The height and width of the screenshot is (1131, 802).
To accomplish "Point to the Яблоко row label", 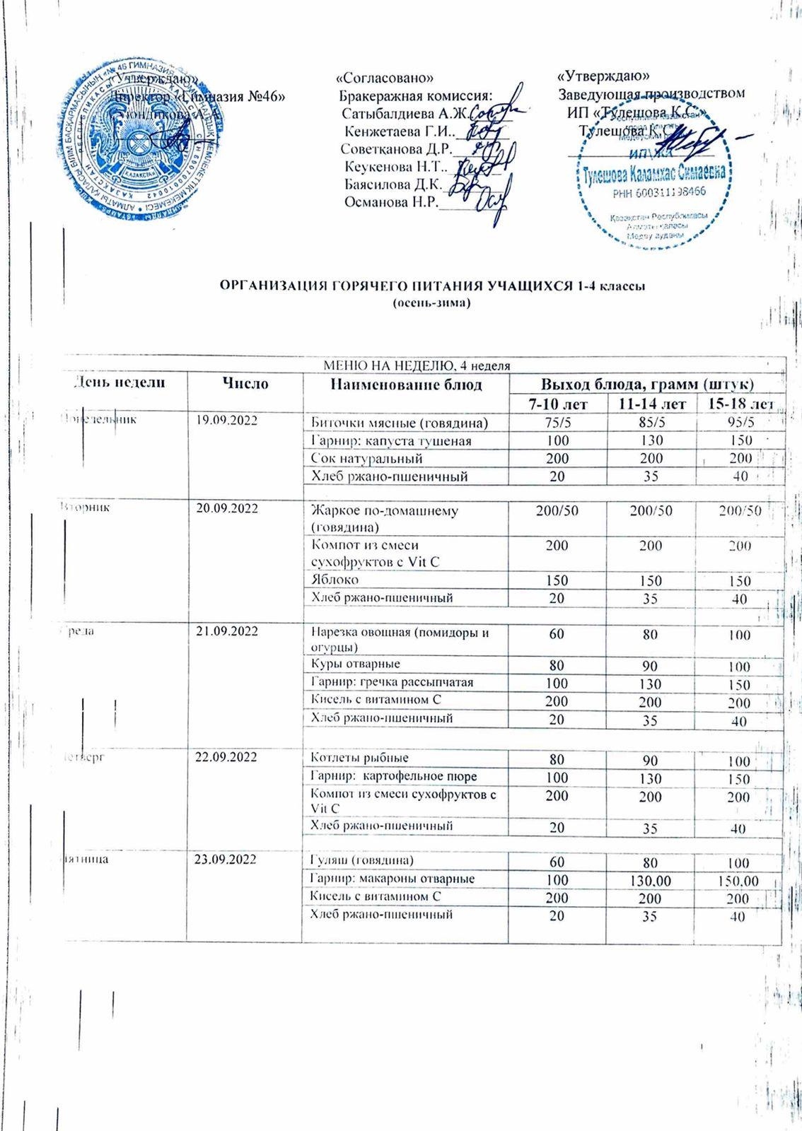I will tap(335, 580).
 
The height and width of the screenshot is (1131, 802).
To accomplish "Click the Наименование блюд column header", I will tap(406, 384).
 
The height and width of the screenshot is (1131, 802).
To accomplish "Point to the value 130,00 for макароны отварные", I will tap(651, 880).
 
